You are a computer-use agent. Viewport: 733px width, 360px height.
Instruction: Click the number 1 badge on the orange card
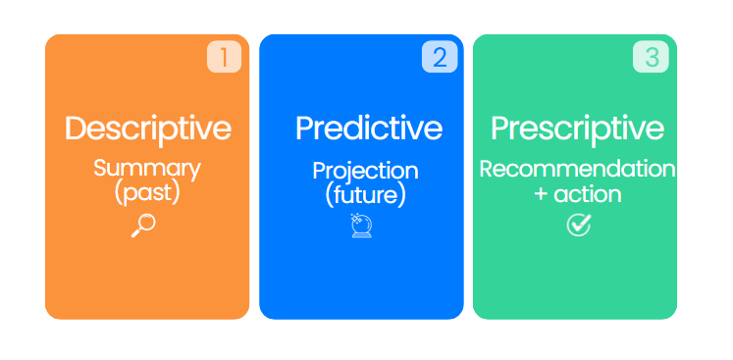click(224, 57)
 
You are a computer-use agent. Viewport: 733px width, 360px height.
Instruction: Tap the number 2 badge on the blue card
click(439, 57)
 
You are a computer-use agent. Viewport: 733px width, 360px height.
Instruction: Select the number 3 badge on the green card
click(651, 57)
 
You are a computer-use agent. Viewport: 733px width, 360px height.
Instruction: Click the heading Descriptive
click(147, 129)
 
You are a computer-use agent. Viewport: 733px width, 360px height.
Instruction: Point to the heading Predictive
click(368, 129)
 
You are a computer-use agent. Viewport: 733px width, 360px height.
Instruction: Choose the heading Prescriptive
click(577, 129)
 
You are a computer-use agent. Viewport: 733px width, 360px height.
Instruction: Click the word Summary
click(147, 168)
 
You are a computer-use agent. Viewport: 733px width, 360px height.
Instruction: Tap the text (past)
click(147, 192)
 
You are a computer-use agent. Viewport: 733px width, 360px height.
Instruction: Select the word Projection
click(365, 171)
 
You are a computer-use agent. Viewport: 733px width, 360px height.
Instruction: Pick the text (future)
click(365, 194)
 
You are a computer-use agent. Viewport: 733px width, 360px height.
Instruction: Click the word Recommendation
click(577, 169)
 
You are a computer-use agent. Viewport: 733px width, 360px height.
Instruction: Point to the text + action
click(577, 194)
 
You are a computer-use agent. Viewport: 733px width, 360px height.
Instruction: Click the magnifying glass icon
click(143, 226)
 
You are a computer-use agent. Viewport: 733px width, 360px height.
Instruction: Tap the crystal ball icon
click(362, 228)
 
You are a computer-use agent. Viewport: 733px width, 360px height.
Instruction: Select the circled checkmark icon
click(579, 226)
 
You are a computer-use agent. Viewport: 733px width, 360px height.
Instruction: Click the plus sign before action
click(541, 195)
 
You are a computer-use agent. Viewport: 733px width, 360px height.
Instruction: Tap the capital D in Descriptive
click(77, 129)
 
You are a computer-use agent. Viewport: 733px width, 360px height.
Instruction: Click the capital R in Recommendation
click(486, 169)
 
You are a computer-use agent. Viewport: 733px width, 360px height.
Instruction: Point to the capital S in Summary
click(101, 168)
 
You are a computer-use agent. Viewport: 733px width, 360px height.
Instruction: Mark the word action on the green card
click(587, 194)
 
